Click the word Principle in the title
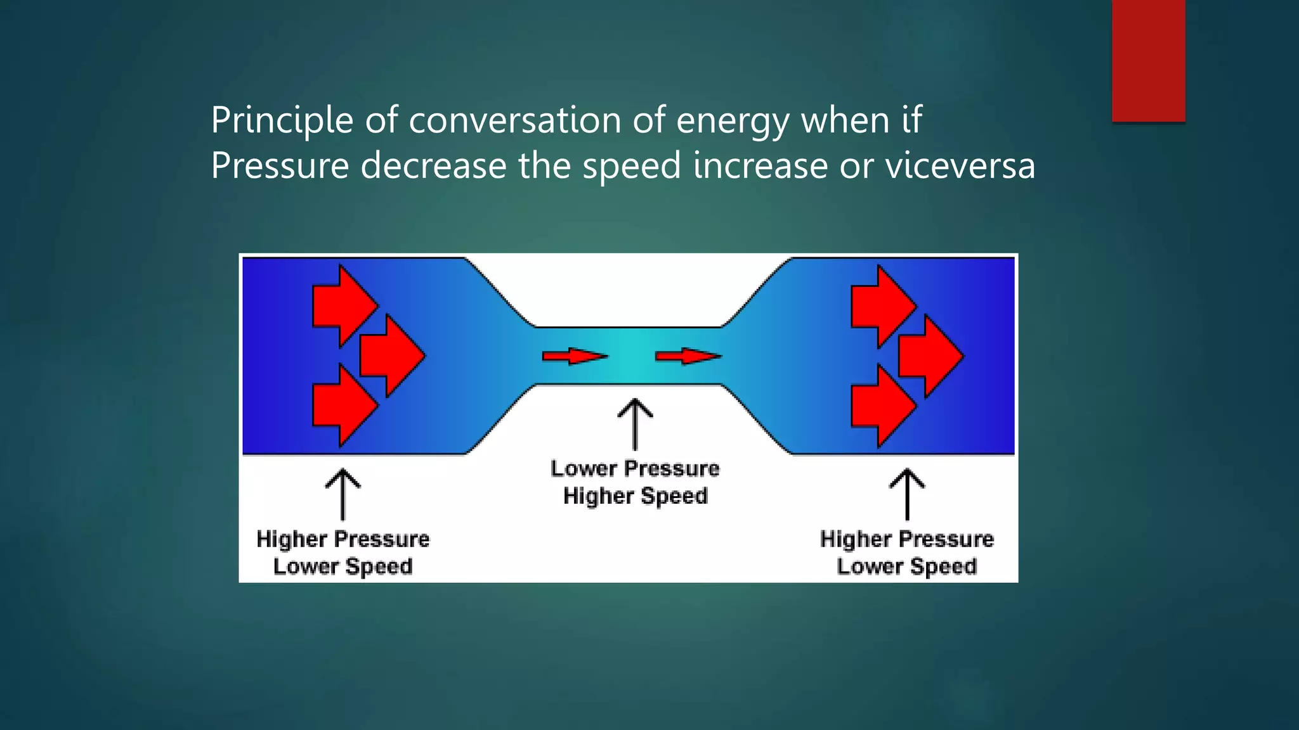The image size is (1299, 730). (282, 120)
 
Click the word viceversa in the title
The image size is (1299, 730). (960, 166)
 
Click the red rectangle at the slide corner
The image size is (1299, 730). (1148, 61)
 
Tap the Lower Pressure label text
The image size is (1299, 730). (635, 469)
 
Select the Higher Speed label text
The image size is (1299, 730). (635, 496)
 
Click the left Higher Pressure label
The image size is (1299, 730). (343, 539)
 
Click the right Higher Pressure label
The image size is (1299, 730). (906, 539)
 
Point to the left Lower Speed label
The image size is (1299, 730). (343, 567)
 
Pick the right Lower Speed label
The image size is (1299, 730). (906, 567)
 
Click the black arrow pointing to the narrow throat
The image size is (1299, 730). (635, 423)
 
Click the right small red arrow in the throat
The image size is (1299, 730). (688, 356)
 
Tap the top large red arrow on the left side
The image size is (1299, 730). (343, 306)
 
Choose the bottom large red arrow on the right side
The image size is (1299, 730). (882, 406)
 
